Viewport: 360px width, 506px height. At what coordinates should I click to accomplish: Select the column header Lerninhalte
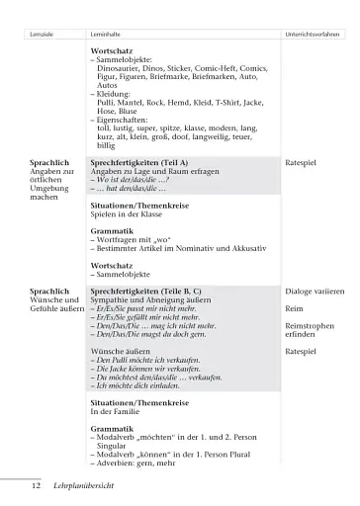tap(107, 34)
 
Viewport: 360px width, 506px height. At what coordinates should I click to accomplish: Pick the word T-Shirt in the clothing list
tap(203, 104)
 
